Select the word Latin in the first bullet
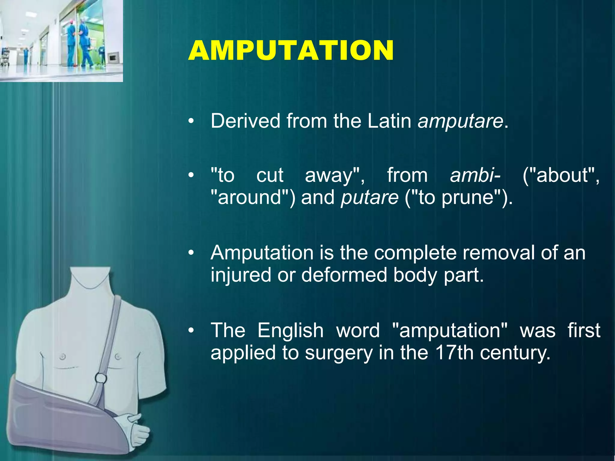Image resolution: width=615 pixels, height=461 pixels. tap(389, 121)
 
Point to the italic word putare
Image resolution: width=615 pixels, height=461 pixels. tap(370, 198)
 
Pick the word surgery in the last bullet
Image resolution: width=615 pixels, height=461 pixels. tap(339, 353)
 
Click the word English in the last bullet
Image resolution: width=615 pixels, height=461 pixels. tap(290, 330)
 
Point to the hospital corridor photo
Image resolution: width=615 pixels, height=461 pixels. tap(61, 41)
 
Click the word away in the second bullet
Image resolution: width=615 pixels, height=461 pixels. tap(334, 175)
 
